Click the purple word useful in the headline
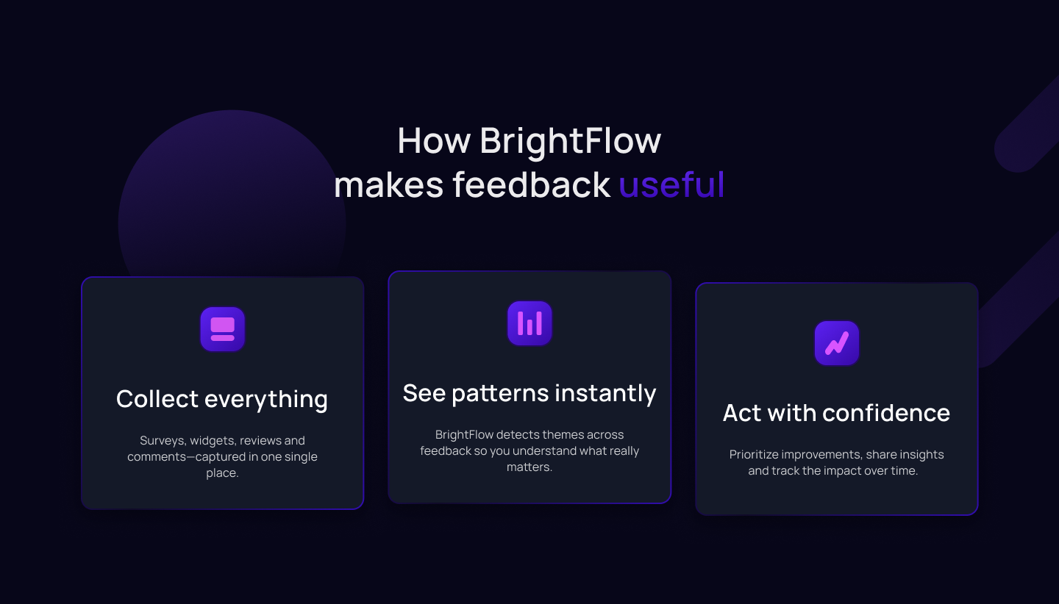click(x=671, y=184)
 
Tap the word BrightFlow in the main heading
click(x=571, y=140)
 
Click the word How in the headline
click(x=433, y=140)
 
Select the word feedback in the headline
click(x=531, y=184)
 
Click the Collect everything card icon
click(x=222, y=328)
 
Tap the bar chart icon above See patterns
click(x=529, y=323)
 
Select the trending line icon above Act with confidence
click(x=836, y=343)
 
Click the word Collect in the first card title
click(x=157, y=399)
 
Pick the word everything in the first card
click(x=266, y=399)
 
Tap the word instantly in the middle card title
click(x=605, y=393)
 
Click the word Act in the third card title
click(x=741, y=413)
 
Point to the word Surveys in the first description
click(x=163, y=441)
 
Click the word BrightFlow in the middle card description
click(x=464, y=435)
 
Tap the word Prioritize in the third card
click(x=755, y=455)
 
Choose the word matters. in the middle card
click(x=529, y=467)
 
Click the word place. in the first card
click(x=222, y=473)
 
